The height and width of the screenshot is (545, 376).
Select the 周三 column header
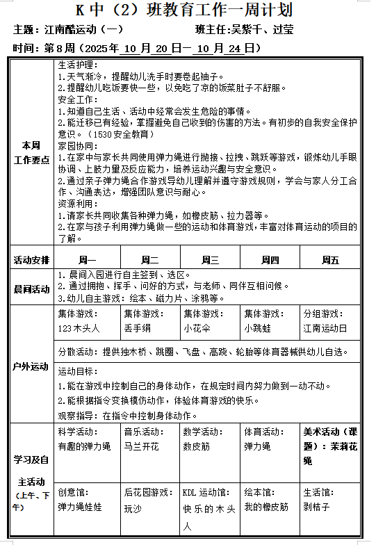pyautogui.click(x=210, y=260)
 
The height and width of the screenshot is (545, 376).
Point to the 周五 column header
pyautogui.click(x=330, y=260)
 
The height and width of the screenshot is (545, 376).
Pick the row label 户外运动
pyautogui.click(x=32, y=366)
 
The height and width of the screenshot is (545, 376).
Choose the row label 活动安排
pyautogui.click(x=32, y=260)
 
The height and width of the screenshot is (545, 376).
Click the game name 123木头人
pyautogui.click(x=79, y=327)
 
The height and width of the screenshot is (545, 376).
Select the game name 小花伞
pyautogui.click(x=197, y=327)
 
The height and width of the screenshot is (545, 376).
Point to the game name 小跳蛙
pyautogui.click(x=257, y=327)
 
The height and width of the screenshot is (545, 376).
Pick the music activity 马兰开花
pyautogui.click(x=142, y=446)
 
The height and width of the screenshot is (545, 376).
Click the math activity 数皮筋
pyautogui.click(x=196, y=446)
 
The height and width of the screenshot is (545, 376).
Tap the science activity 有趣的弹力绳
pyautogui.click(x=84, y=446)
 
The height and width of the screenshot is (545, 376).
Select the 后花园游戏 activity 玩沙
pyautogui.click(x=133, y=508)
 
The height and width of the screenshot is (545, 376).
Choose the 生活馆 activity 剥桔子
pyautogui.click(x=316, y=507)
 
